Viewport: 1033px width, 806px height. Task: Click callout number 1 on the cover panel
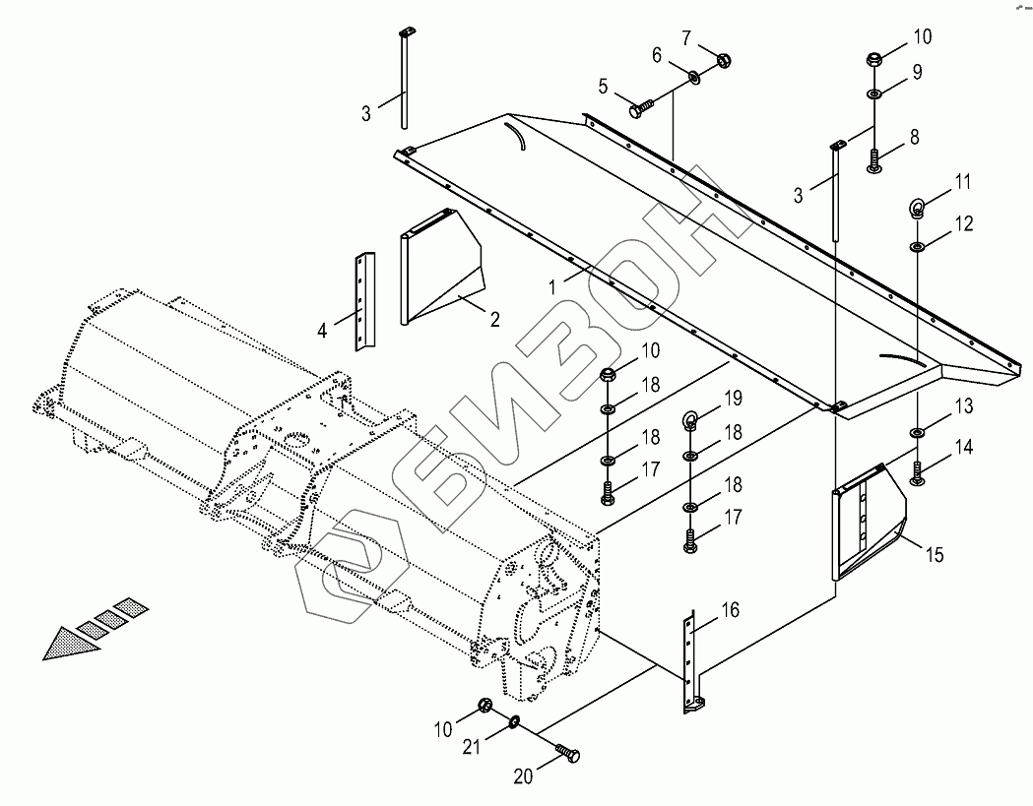[553, 286]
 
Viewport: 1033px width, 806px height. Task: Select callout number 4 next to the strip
[322, 330]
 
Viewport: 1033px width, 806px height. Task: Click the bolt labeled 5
[643, 102]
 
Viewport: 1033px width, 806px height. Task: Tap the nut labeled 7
[718, 58]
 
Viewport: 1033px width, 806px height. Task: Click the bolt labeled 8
[873, 157]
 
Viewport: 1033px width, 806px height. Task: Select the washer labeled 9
[874, 93]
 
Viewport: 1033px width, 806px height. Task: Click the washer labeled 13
[917, 431]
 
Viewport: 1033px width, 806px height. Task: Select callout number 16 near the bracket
[730, 611]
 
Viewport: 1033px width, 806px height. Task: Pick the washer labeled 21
[515, 724]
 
